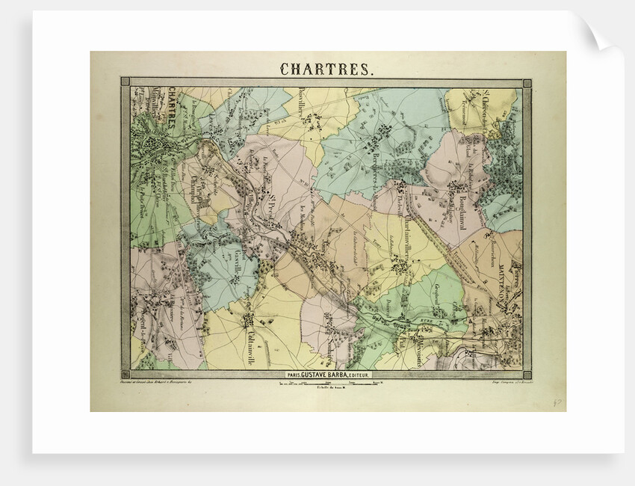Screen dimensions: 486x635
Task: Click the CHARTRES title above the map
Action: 325,69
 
